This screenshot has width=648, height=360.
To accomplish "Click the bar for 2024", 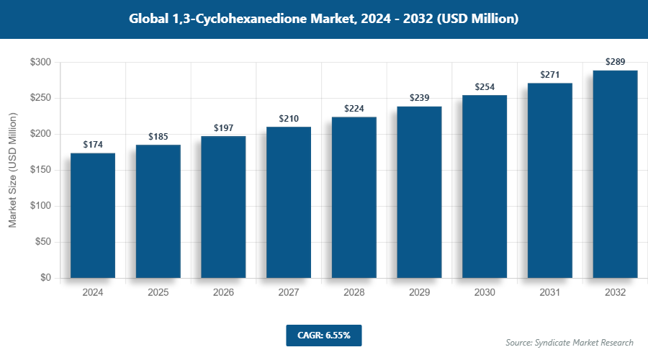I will (x=93, y=215).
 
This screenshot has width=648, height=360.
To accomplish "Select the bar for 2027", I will (x=289, y=202).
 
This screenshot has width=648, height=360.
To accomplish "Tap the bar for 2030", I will (x=485, y=186).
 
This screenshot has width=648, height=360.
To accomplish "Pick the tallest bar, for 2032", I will (x=615, y=174).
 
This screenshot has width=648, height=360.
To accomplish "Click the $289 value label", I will (x=615, y=62).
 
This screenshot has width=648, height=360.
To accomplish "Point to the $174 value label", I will (x=93, y=145).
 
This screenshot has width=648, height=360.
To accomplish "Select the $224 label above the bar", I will (x=354, y=109).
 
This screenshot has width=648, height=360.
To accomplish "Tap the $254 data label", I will (x=485, y=87).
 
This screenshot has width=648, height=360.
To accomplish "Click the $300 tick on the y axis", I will (x=40, y=63).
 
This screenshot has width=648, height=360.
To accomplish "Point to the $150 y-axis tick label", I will (x=40, y=170).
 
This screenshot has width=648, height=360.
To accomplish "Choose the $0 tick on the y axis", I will (x=45, y=278).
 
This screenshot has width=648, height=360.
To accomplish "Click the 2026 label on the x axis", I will (x=223, y=293).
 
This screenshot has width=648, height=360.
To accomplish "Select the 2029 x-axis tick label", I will (x=419, y=293).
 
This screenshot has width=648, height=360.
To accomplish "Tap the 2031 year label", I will (x=549, y=293).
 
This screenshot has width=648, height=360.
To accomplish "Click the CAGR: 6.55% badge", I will (x=323, y=335).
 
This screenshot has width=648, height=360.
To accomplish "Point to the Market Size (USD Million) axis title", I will (x=12, y=170).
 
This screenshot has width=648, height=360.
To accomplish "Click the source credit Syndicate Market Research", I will (x=569, y=342).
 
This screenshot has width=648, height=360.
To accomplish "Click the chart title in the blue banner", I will (x=323, y=19).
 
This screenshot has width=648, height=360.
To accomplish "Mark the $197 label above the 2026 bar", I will (x=223, y=128).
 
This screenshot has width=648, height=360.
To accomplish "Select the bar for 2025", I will (x=158, y=211).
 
